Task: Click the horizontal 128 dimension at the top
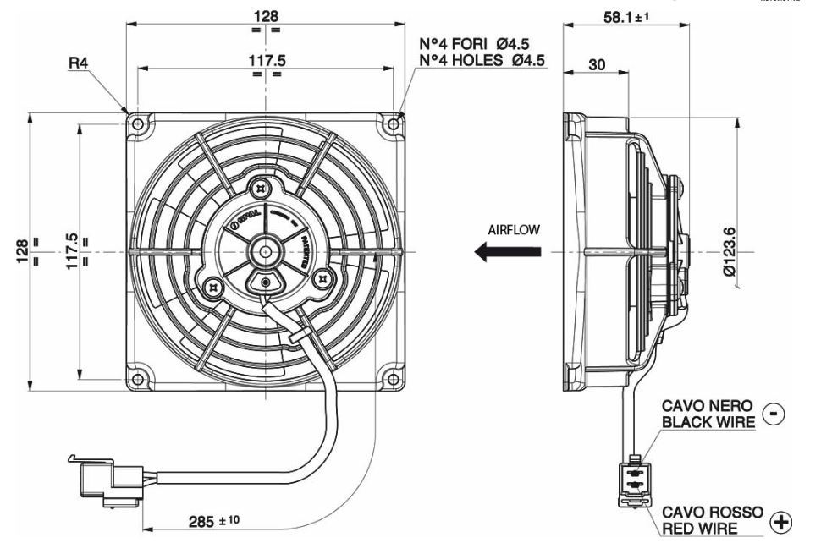click(x=267, y=15)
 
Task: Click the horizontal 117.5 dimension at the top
click(x=267, y=60)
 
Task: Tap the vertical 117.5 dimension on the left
click(x=73, y=251)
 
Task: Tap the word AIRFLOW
click(x=514, y=229)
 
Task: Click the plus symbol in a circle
click(x=778, y=524)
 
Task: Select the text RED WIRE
click(x=700, y=529)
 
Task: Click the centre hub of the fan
click(x=266, y=251)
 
